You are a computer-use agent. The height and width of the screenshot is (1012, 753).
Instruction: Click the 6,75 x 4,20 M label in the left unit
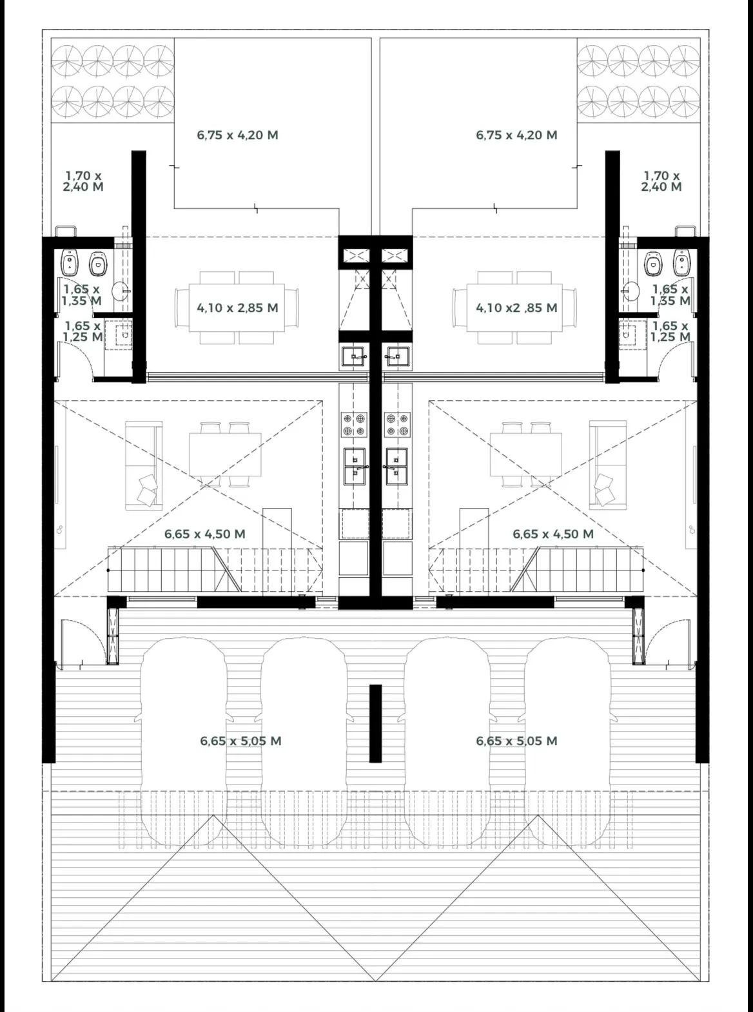tap(237, 135)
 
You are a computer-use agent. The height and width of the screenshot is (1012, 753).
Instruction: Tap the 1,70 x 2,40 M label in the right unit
tap(661, 181)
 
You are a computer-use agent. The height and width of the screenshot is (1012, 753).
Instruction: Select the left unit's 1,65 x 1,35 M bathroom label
tap(82, 295)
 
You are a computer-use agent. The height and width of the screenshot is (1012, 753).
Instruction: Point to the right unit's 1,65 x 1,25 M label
tap(670, 331)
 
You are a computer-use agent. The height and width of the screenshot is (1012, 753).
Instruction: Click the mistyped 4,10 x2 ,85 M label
tap(516, 308)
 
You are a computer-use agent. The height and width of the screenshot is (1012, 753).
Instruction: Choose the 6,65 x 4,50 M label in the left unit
tap(205, 534)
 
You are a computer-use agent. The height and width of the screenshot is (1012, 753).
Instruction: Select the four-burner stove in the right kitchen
tap(397, 424)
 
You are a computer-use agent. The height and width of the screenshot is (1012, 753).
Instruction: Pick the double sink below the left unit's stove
tap(355, 466)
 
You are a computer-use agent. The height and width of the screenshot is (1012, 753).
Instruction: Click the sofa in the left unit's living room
tap(144, 465)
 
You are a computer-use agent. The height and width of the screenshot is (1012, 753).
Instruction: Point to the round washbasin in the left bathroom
tap(121, 291)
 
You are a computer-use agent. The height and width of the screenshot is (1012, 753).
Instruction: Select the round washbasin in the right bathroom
tap(631, 291)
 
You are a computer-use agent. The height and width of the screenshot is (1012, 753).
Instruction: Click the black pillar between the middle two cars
tap(376, 724)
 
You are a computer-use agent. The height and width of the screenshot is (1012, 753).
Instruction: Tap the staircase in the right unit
tap(536, 570)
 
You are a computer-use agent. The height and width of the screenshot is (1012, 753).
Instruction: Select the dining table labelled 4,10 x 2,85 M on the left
tap(237, 308)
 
